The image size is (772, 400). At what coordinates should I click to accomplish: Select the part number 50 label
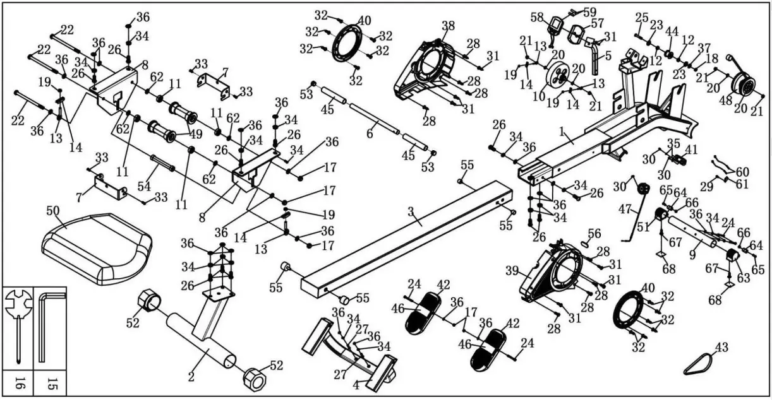pos(53,210)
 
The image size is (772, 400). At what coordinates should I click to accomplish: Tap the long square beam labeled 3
pos(404,240)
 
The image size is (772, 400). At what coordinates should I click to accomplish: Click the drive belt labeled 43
pos(697,365)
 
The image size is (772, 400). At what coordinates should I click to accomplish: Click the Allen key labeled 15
pos(42,324)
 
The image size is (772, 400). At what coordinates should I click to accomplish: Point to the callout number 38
pos(448,26)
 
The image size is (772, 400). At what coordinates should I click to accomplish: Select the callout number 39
pos(512,270)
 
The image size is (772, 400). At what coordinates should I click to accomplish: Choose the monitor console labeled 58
pos(557,26)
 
